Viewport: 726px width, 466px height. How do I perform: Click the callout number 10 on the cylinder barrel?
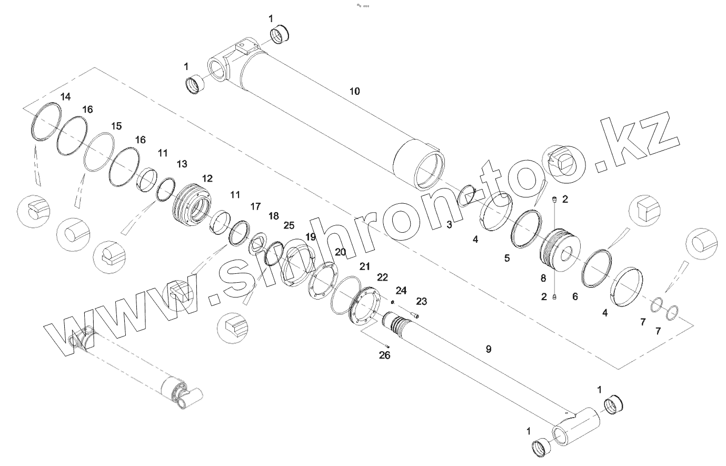point(354,91)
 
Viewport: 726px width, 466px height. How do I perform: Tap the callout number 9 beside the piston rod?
point(489,349)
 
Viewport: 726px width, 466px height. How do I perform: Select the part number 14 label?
point(65,97)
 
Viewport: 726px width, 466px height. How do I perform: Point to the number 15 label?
point(116,126)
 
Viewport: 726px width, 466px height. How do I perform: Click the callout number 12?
point(207,178)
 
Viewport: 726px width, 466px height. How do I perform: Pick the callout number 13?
point(182,164)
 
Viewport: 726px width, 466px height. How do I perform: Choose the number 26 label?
point(385,355)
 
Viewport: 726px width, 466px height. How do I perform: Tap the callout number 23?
point(421,301)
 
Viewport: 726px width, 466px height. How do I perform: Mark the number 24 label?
point(401,290)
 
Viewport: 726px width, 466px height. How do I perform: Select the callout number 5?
point(507,258)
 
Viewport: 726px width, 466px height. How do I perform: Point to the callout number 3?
point(449,225)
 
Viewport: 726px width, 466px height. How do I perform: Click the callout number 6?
point(575,296)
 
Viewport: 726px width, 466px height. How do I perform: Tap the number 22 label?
point(382,277)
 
